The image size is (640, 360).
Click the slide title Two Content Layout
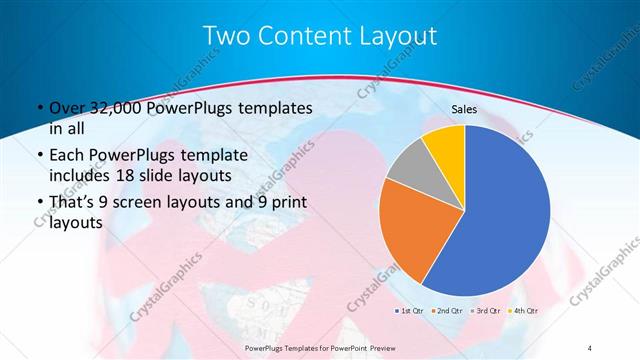point(320,36)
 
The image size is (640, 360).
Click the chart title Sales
point(465,109)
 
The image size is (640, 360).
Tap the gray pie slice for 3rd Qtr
point(408,168)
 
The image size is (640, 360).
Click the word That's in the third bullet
point(75,204)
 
